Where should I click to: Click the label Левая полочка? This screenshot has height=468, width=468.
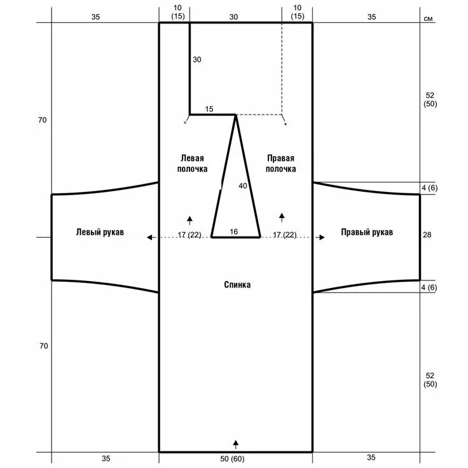[192, 163]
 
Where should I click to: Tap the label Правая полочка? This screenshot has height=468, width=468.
[280, 163]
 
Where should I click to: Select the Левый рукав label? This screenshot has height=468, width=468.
[100, 232]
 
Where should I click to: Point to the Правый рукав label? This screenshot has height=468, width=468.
[367, 232]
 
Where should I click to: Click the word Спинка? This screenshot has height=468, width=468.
[237, 284]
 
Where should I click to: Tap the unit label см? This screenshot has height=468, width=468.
[428, 18]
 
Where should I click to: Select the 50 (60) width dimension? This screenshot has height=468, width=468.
[232, 458]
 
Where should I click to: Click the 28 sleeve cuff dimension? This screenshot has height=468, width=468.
[427, 235]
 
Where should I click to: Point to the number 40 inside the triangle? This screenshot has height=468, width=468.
[243, 186]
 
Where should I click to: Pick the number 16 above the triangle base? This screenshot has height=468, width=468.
[234, 231]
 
